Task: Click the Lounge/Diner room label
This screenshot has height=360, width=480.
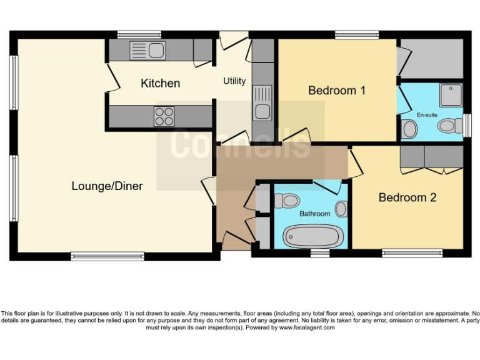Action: point(107,186)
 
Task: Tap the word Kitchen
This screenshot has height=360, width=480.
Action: point(160,83)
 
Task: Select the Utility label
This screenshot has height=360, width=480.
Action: point(234,81)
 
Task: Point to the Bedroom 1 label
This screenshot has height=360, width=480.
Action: point(337,91)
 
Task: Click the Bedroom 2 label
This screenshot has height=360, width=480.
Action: point(407,197)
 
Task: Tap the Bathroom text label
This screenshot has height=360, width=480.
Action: point(314,214)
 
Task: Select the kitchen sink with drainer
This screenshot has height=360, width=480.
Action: point(147,50)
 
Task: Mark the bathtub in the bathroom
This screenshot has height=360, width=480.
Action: point(313,236)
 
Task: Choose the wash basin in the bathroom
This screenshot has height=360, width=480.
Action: point(341,209)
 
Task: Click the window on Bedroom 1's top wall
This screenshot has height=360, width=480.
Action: point(356,35)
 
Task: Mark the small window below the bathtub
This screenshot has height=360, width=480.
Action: point(320,253)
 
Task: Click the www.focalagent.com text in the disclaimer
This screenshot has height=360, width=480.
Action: point(307,327)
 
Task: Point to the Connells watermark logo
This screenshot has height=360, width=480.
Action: point(240,144)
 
